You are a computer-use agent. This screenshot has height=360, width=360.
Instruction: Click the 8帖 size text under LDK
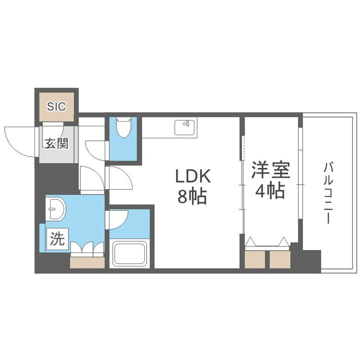(192, 196)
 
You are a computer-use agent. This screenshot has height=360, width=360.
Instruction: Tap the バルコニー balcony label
(328, 192)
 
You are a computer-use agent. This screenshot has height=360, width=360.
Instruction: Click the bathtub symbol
(129, 253)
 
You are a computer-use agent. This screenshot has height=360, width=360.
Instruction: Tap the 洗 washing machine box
(56, 239)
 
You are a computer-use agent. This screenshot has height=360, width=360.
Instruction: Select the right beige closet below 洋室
(279, 259)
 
